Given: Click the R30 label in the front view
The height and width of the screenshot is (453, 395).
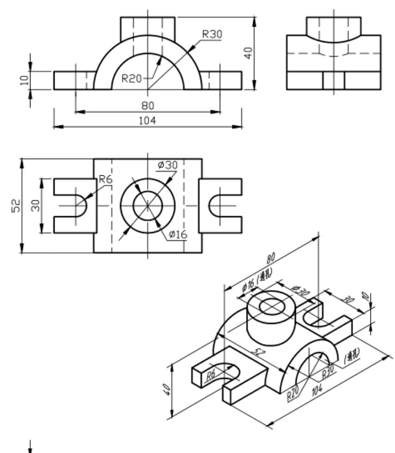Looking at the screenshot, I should [212, 34].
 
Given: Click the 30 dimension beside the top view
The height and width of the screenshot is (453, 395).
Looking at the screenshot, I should [35, 205].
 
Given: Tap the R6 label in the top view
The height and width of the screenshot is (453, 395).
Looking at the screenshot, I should [105, 180].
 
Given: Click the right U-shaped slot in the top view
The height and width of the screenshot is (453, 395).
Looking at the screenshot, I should [218, 205].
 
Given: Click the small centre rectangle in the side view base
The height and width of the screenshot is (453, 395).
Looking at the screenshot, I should [334, 81].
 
